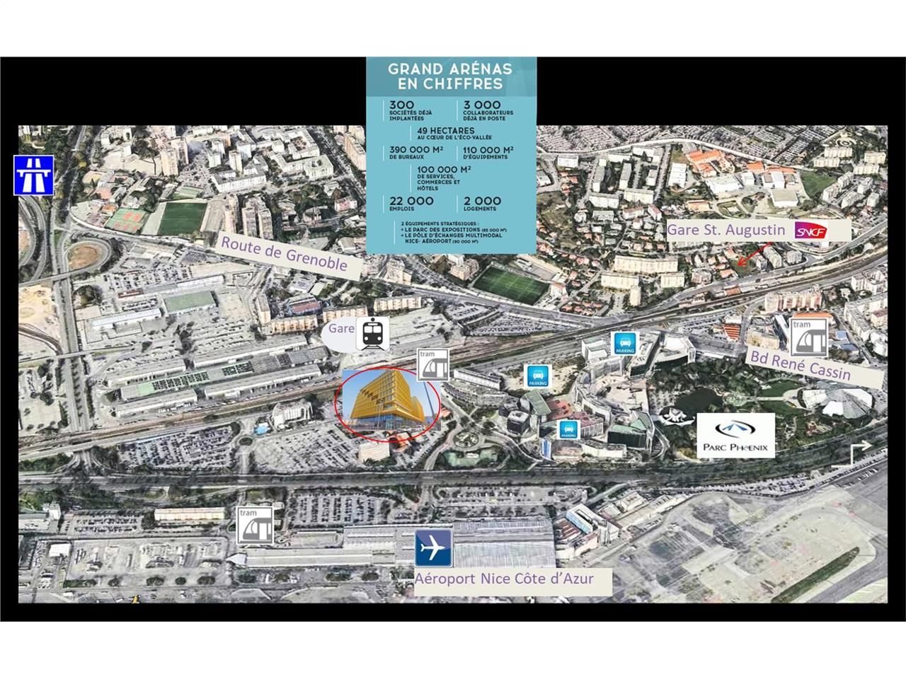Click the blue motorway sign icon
coord(33,174)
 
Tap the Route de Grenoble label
coord(285,253)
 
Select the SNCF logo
coord(810,231)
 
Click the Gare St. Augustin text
coord(726,230)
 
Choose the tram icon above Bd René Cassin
coord(809,337)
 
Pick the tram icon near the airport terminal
coord(256,525)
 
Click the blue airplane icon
coord(433,548)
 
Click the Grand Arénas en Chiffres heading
coord(445,76)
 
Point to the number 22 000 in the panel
coord(411,202)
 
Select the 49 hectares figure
coord(446,131)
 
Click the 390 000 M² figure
coord(416,150)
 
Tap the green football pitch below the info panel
coord(510,284)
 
